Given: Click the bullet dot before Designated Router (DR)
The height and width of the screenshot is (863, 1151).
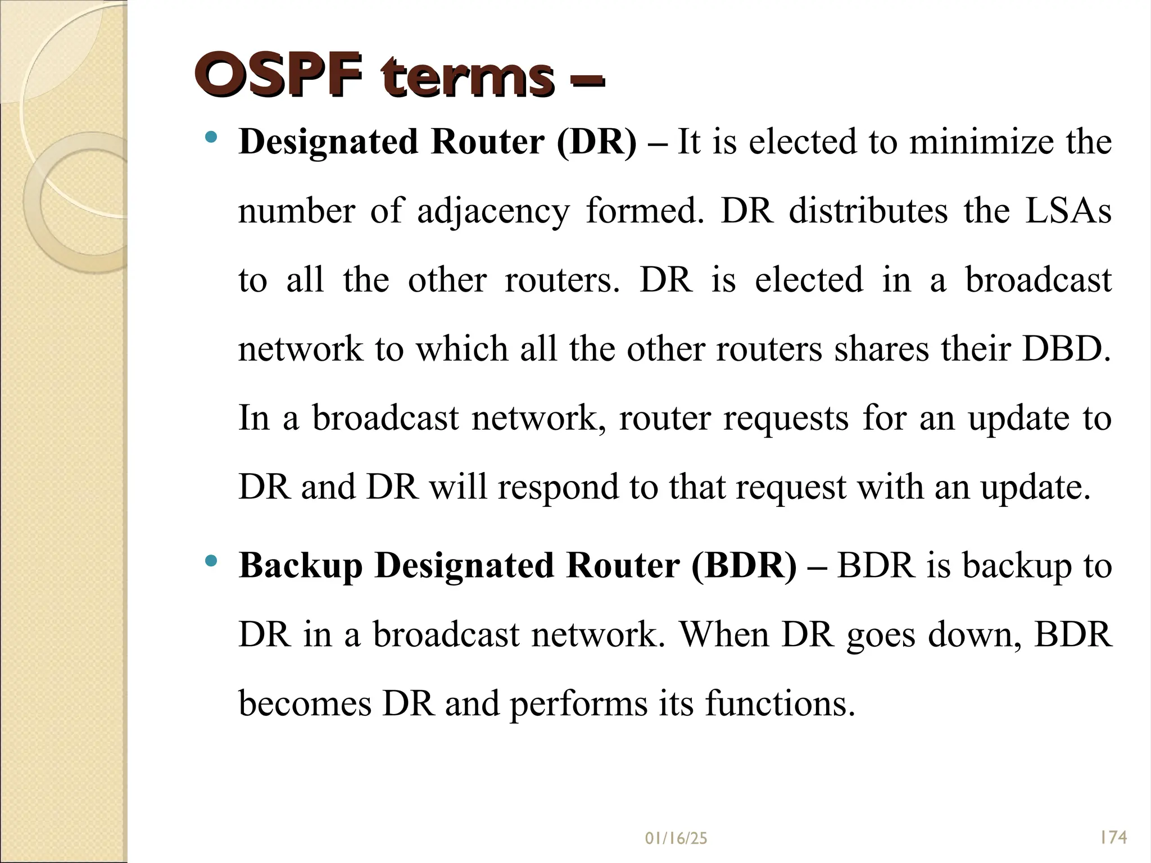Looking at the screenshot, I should [211, 137].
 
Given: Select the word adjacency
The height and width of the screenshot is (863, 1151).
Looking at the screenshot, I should [493, 211].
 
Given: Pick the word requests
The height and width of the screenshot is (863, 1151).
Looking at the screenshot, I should [785, 419].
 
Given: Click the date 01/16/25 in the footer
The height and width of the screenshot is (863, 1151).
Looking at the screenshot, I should [676, 839].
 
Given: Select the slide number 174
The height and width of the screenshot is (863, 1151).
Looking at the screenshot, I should [1113, 838].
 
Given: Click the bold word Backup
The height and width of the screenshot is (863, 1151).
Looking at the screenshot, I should [300, 566].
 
